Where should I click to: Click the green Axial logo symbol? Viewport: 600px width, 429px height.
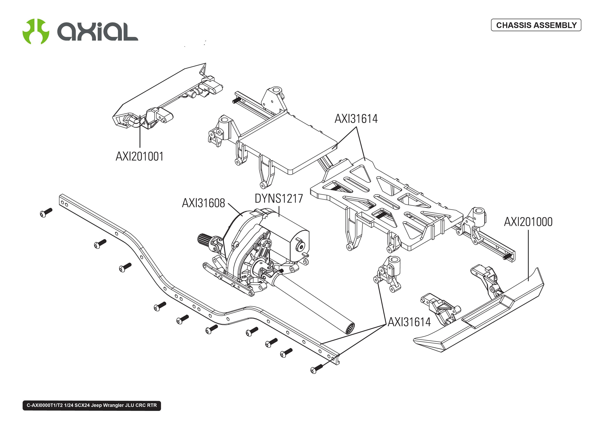tap(36, 31)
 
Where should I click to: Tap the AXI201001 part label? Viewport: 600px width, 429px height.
tap(139, 156)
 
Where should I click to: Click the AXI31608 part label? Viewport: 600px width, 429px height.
tap(203, 203)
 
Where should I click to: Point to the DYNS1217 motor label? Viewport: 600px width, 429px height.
tap(279, 199)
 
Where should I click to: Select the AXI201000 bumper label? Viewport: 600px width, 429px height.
tap(528, 222)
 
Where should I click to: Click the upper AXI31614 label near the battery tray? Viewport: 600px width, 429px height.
tap(356, 119)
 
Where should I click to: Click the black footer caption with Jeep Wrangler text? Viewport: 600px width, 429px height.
tap(92, 405)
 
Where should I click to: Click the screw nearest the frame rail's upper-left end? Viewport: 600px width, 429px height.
tap(46, 212)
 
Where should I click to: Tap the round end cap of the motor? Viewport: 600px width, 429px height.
tap(300, 246)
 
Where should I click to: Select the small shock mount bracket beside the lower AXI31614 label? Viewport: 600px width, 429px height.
tap(388, 273)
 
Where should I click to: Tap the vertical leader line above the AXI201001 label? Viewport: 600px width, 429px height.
tap(140, 132)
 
